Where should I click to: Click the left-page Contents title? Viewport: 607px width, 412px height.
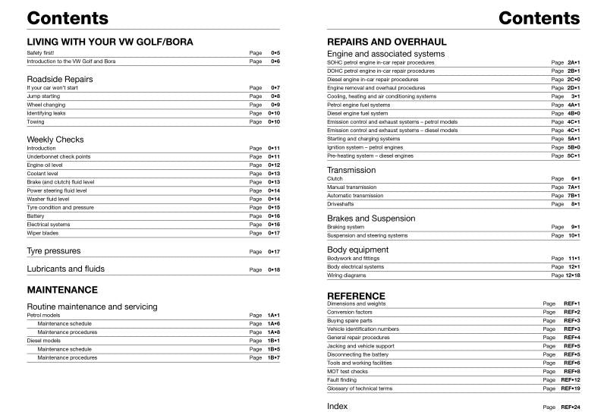point(68,18)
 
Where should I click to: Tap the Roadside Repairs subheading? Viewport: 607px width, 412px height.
point(60,78)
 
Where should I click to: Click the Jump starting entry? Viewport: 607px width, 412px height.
point(43,97)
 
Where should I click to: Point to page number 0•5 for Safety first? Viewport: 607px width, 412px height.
point(275,52)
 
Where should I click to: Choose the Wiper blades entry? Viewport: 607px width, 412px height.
point(42,233)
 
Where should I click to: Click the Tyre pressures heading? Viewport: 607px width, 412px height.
point(53,251)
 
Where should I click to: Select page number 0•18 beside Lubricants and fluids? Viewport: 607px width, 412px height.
point(274,270)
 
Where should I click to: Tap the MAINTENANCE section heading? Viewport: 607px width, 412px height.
point(62,290)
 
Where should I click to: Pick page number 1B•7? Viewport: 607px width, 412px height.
point(273,357)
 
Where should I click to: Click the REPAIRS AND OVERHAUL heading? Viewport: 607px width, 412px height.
point(386,42)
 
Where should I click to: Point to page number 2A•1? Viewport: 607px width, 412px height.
point(573,62)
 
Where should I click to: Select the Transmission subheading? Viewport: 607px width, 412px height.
point(351,170)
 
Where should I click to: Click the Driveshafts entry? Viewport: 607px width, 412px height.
point(340,204)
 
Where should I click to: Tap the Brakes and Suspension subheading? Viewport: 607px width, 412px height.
point(371,219)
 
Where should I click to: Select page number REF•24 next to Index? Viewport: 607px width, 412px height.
point(571,407)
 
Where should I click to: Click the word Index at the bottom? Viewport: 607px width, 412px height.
point(337,407)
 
